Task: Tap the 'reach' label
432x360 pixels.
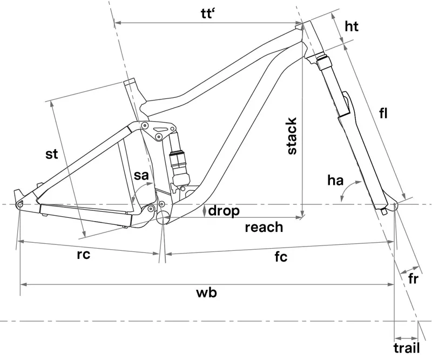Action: coord(264,226)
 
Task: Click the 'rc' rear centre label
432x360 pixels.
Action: coord(83,255)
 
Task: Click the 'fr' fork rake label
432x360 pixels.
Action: coord(413,279)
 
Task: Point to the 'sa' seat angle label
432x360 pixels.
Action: coord(141,176)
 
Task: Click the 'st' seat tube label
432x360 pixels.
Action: coord(51,154)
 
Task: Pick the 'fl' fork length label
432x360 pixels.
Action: coord(384,114)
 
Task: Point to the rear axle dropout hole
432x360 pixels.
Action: coord(20,205)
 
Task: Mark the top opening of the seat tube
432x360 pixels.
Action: coord(129,83)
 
